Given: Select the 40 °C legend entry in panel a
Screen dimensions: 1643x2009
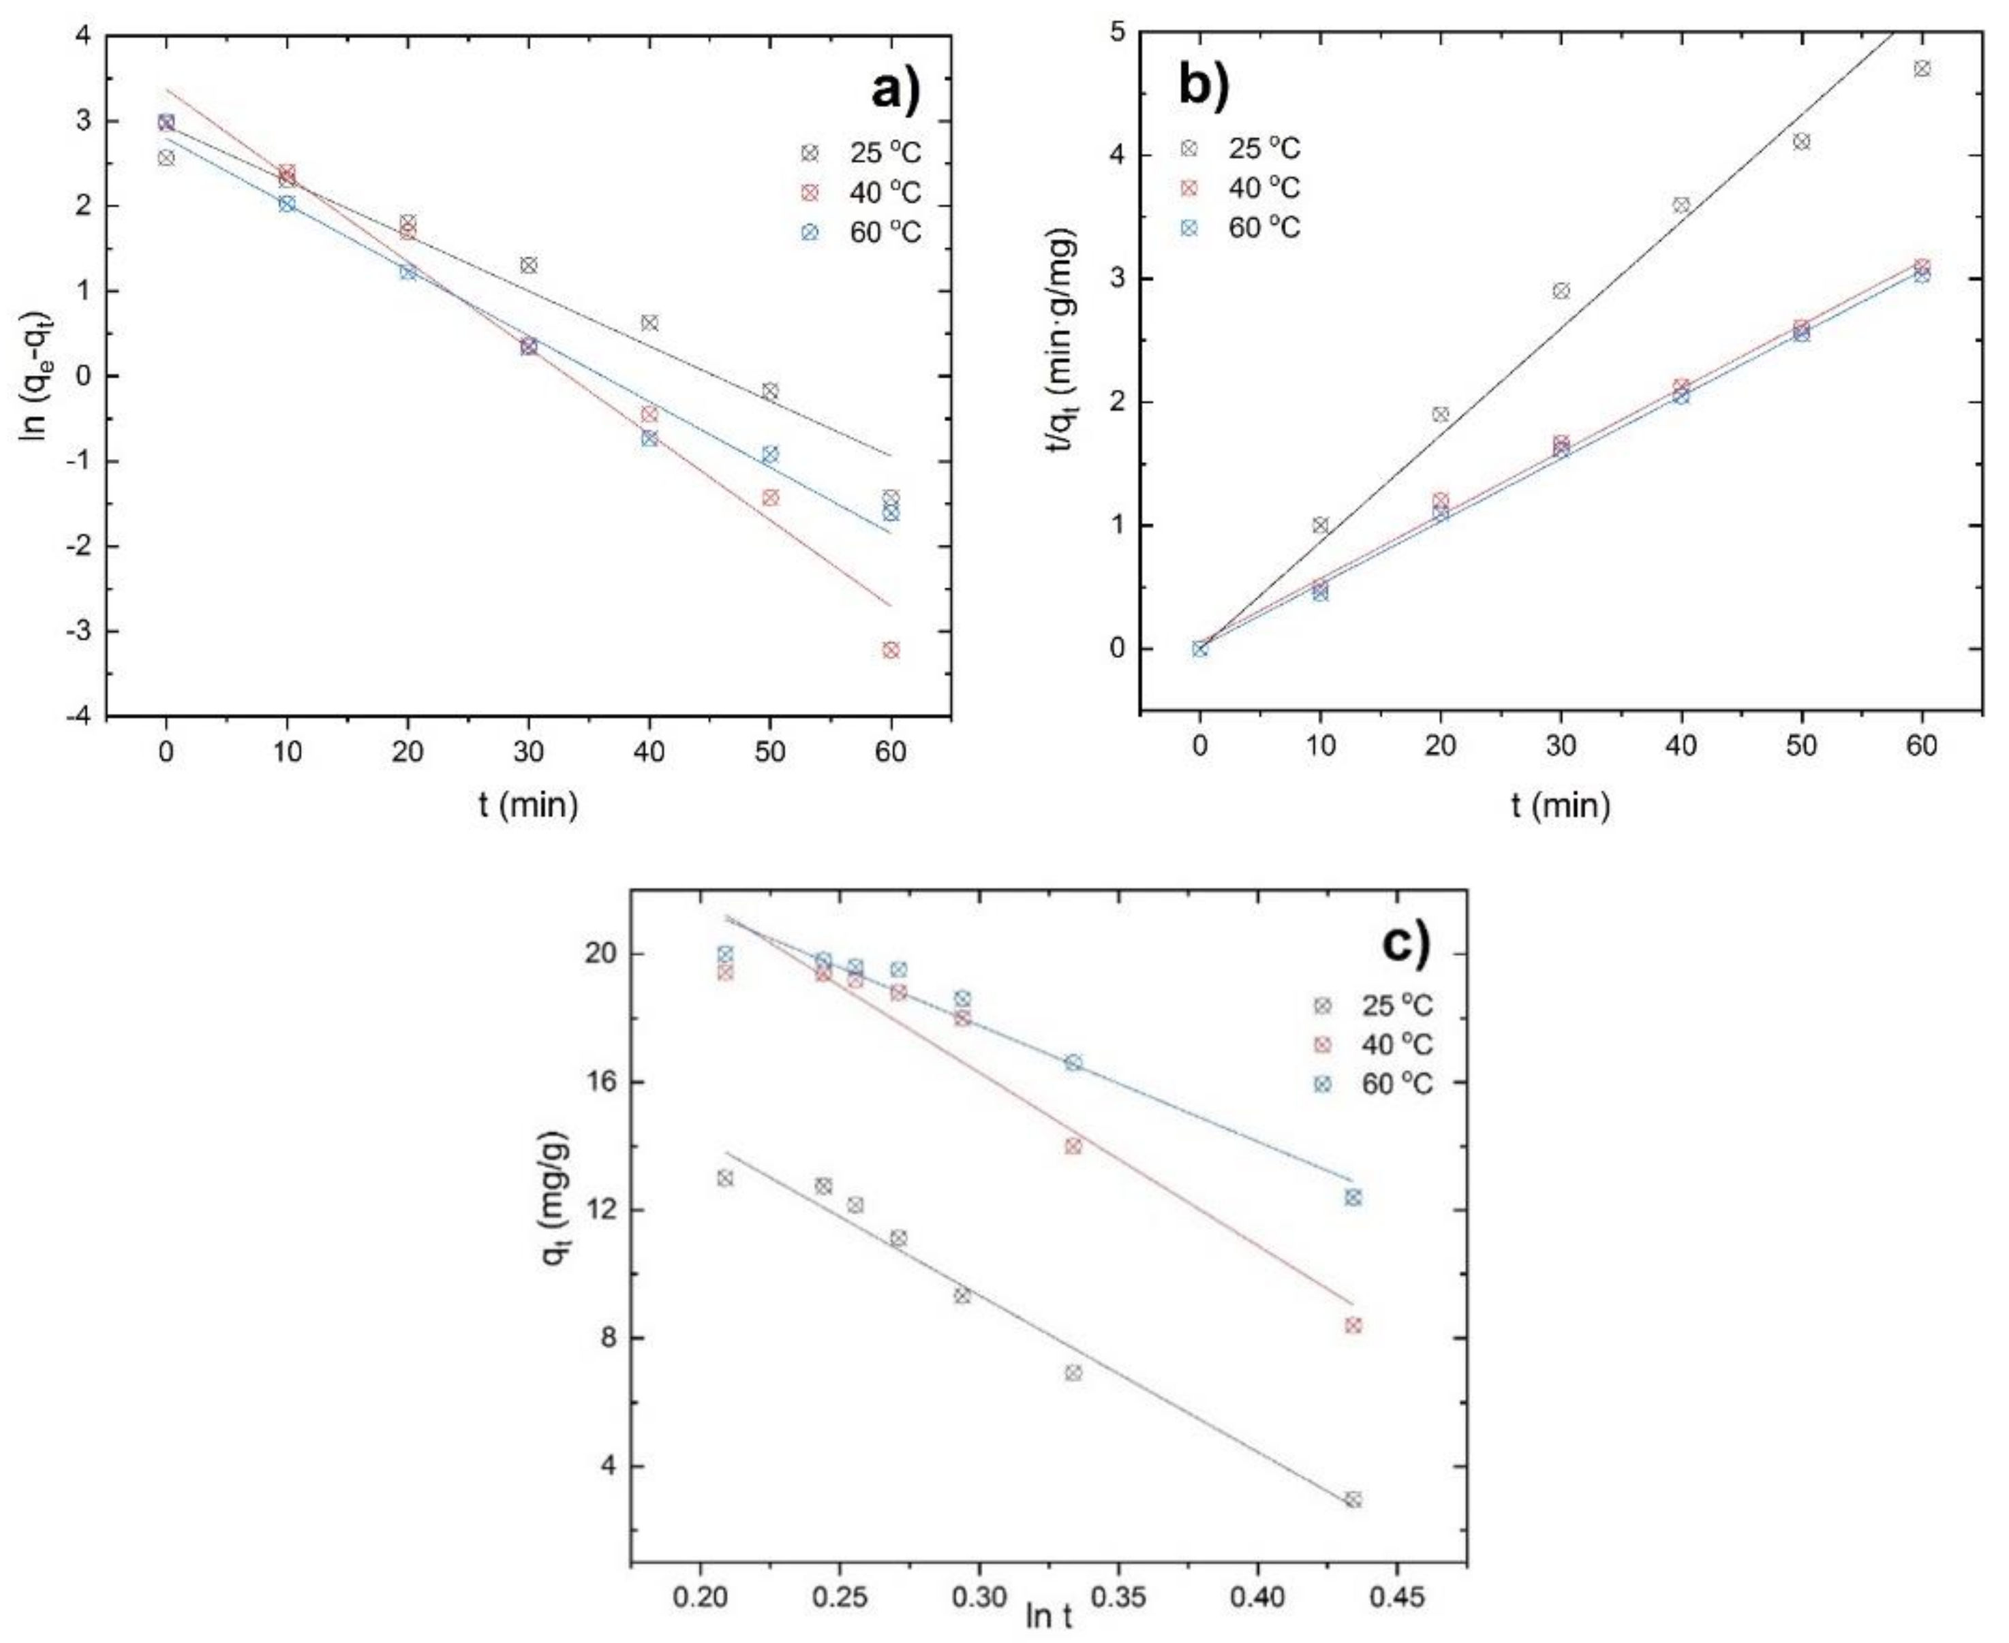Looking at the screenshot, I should (x=861, y=192).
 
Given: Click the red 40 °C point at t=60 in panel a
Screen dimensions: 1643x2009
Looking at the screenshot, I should (x=890, y=649).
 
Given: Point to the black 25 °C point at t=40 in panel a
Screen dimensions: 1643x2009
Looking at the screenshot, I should (x=649, y=323).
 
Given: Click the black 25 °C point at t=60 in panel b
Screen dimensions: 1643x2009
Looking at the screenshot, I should (x=1922, y=68).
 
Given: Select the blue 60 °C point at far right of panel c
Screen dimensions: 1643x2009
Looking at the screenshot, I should (x=1353, y=1198).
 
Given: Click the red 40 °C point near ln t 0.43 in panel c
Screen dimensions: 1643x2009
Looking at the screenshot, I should (x=1353, y=1325).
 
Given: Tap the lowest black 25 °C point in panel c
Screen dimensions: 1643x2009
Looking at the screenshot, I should (x=1353, y=1499).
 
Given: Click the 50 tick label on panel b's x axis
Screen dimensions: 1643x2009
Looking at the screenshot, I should (x=1802, y=746).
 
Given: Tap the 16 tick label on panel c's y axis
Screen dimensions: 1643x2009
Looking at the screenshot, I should (x=600, y=1082).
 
